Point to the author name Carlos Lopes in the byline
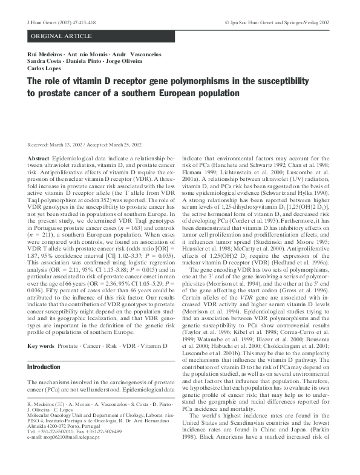(x=45, y=69)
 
